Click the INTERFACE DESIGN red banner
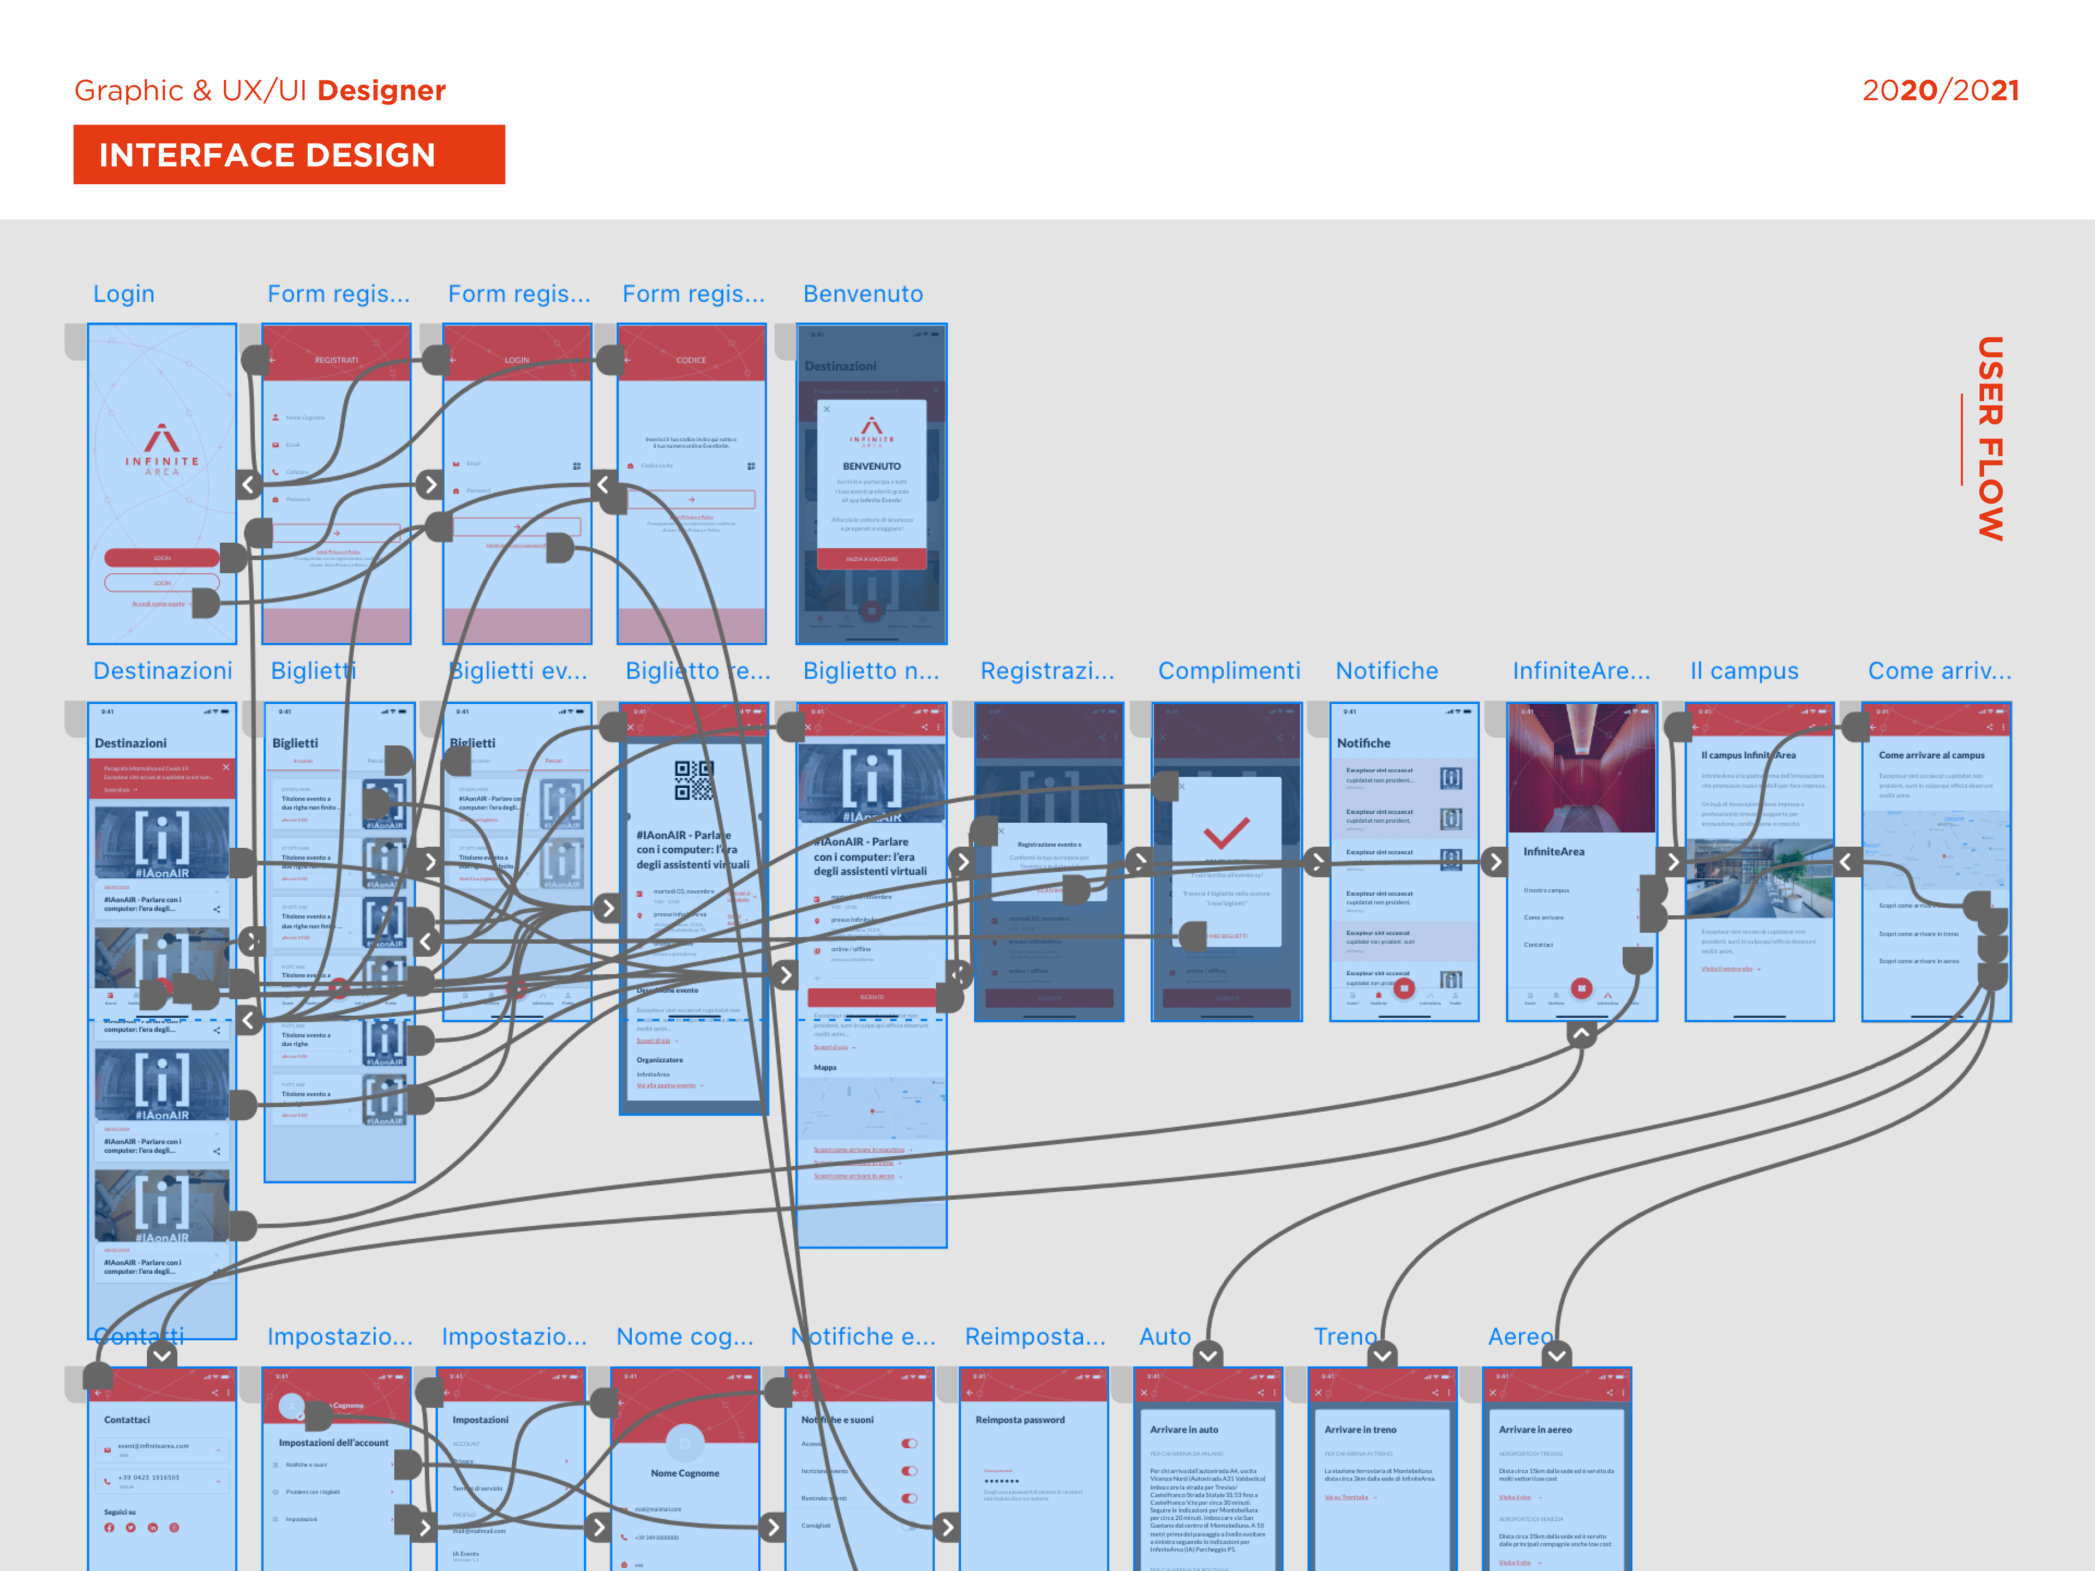(x=289, y=154)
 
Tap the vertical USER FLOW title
(x=1989, y=439)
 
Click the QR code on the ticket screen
(x=693, y=780)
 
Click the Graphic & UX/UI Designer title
(x=260, y=91)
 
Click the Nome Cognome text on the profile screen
(x=685, y=1473)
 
